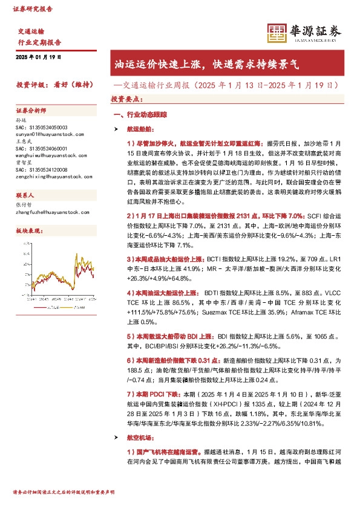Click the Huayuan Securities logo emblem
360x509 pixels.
pyautogui.click(x=277, y=32)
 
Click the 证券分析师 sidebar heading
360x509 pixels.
pyautogui.click(x=31, y=111)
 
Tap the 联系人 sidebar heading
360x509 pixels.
pyautogui.click(x=25, y=195)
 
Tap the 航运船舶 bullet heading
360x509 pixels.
pyautogui.click(x=140, y=129)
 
